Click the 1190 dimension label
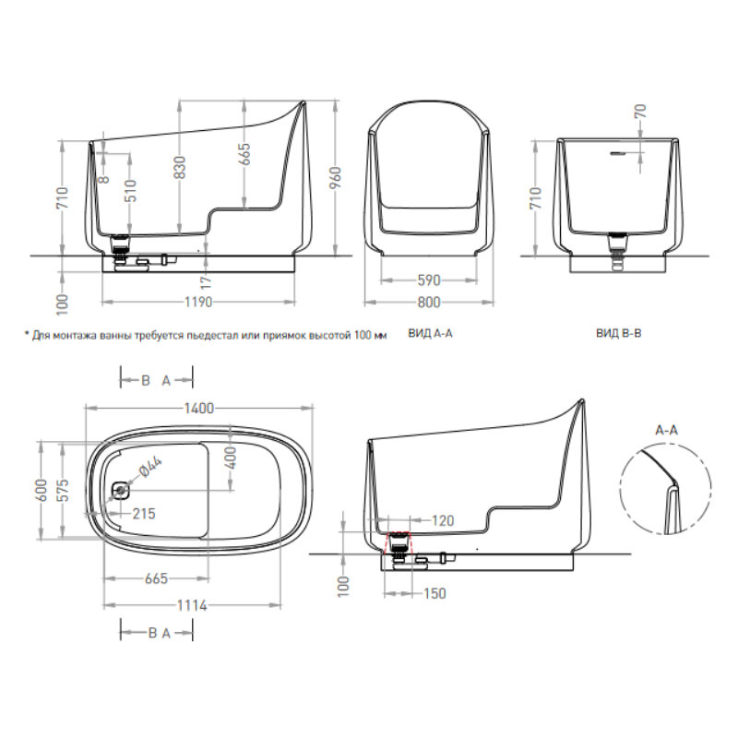pyautogui.click(x=198, y=302)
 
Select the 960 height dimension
pyautogui.click(x=335, y=178)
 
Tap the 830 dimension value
pyautogui.click(x=179, y=168)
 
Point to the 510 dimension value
pyautogui.click(x=130, y=191)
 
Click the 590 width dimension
pyautogui.click(x=429, y=280)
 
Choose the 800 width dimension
pyautogui.click(x=429, y=302)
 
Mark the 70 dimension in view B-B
pyautogui.click(x=640, y=111)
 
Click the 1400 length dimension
pyautogui.click(x=198, y=408)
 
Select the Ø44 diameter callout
pyautogui.click(x=150, y=468)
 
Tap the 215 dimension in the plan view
pyautogui.click(x=144, y=514)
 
